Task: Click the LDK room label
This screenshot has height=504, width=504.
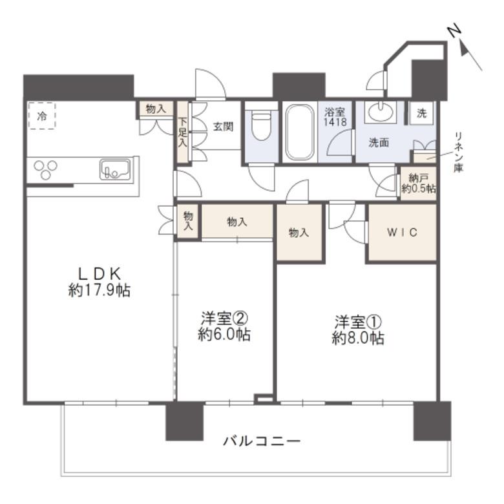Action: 100,274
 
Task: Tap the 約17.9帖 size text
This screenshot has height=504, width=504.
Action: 100,291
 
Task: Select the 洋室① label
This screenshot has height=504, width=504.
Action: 358,321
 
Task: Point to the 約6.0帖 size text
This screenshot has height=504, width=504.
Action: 224,335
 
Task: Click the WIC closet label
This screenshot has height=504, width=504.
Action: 403,232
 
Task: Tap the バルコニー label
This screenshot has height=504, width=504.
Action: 262,441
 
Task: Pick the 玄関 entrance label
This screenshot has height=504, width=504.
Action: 224,127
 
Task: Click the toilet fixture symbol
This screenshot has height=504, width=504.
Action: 261,125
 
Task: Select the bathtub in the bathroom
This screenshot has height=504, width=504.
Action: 300,132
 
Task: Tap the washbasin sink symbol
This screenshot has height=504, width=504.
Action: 381,112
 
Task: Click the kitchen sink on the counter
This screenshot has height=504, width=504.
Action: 115,169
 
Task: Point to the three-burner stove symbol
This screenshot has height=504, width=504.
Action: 46,169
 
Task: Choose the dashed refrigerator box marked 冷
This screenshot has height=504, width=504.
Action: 42,116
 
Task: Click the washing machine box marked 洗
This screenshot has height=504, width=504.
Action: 421,113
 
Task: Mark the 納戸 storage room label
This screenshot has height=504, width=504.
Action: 418,177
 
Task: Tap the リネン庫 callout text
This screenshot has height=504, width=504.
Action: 458,152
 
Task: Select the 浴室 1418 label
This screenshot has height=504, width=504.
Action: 335,117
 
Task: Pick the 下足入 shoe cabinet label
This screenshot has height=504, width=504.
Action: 183,132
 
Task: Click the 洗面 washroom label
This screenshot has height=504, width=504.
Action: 379,143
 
